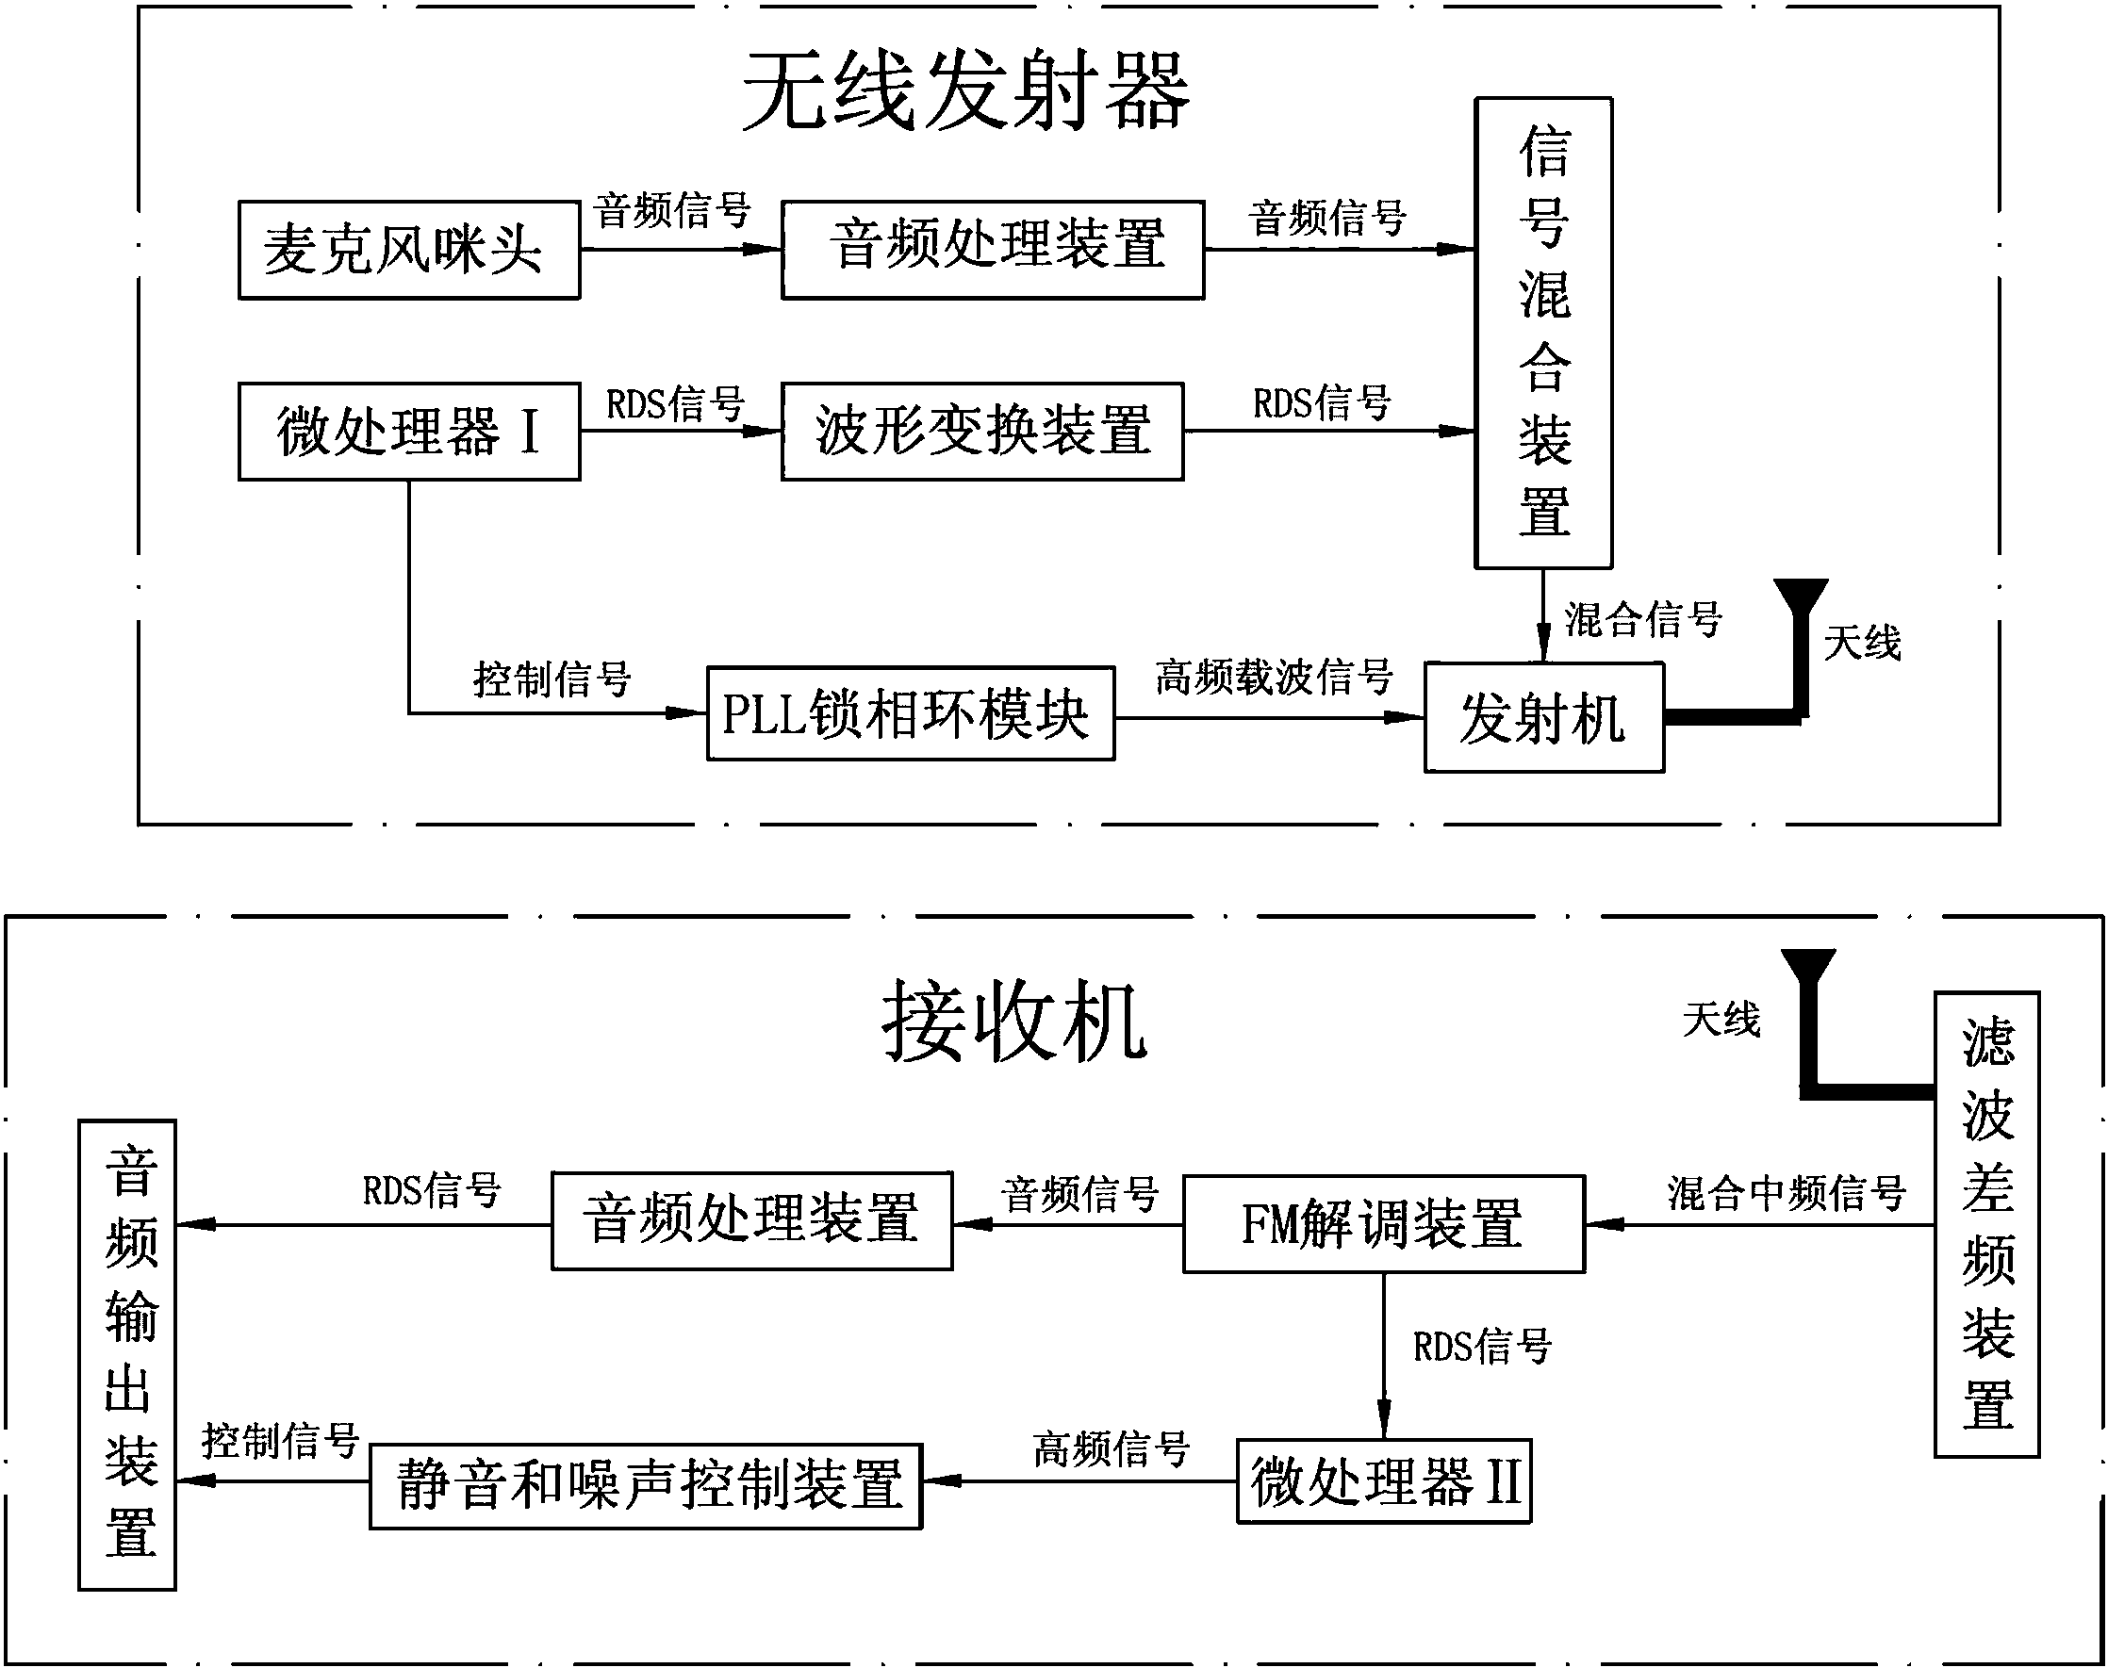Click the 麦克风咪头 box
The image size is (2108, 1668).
409,250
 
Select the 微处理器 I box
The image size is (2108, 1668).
409,431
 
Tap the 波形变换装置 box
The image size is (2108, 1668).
981,431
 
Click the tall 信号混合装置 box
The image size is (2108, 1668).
1542,332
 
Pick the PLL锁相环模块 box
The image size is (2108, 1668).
911,714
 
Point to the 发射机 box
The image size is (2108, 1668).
1543,718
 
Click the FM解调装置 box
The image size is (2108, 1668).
1383,1223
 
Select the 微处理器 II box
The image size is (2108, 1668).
1383,1480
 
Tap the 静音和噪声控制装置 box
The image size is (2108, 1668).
646,1485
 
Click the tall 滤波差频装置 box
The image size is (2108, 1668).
1987,1225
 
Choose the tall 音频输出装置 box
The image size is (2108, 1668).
127,1354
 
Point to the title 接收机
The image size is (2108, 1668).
1014,1022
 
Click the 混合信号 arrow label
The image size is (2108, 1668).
1643,619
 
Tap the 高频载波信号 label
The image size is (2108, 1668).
1273,676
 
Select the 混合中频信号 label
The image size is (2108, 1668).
1786,1192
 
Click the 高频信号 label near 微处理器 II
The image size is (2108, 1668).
1112,1448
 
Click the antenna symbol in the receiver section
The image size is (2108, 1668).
1810,1006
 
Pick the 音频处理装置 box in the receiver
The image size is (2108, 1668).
751,1220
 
